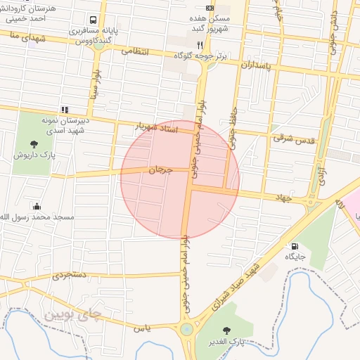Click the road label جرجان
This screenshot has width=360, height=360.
click(x=160, y=169)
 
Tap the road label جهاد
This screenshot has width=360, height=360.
click(x=282, y=199)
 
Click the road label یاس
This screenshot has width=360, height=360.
click(x=141, y=328)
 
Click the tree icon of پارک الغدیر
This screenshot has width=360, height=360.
click(x=226, y=330)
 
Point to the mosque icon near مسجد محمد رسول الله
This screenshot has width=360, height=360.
click(x=37, y=206)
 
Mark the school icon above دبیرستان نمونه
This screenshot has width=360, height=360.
click(x=65, y=110)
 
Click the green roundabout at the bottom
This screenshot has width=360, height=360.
click(x=186, y=329)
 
